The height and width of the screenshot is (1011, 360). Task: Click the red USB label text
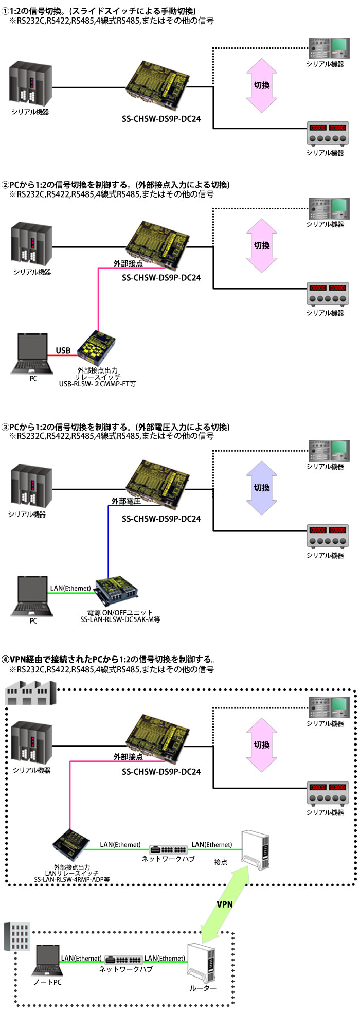63,350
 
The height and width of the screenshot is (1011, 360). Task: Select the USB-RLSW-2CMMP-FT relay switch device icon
97,348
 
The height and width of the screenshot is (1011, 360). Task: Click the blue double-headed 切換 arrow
262,488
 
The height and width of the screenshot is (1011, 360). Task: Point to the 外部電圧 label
126,501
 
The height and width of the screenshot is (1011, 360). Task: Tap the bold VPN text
225,904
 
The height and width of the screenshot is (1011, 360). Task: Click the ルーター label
203,988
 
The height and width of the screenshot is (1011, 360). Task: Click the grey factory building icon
30,693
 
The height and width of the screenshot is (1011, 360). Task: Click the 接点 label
221,862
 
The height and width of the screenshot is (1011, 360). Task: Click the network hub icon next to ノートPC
123,960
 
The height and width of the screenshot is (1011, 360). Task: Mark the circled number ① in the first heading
5,11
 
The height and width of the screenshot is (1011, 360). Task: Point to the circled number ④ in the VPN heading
5,660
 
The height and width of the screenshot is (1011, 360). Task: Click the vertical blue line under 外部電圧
108,540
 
